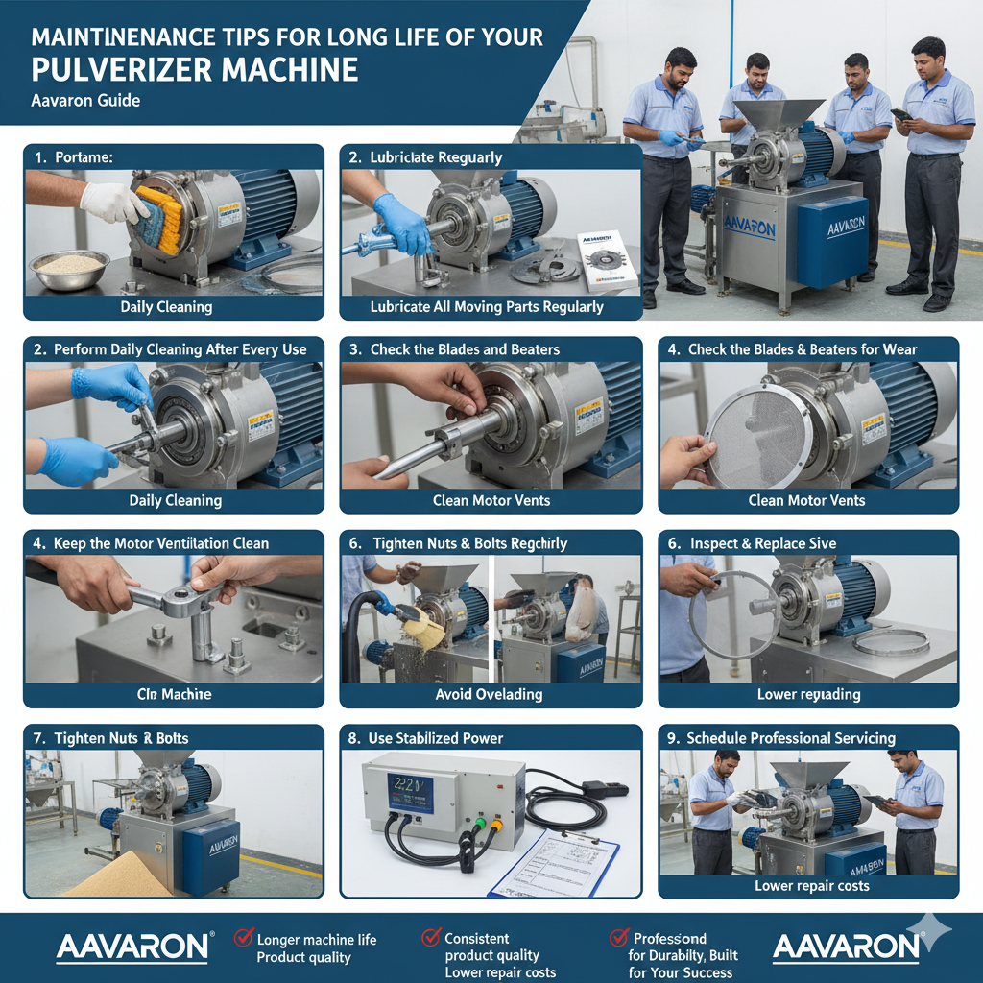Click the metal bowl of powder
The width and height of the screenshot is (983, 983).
[x=68, y=268]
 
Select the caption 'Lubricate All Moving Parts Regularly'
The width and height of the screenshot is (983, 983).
[x=487, y=307]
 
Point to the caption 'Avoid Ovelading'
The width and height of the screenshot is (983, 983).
[x=489, y=694]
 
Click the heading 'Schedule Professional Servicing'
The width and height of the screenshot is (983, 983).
[x=791, y=738]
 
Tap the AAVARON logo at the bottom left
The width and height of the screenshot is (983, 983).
[x=132, y=947]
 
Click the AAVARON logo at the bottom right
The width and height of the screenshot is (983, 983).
[x=846, y=947]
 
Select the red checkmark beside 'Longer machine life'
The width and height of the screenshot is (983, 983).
[x=243, y=939]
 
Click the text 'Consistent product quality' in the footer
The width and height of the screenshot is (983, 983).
[x=491, y=947]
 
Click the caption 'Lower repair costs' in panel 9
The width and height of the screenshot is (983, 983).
[x=811, y=885]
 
